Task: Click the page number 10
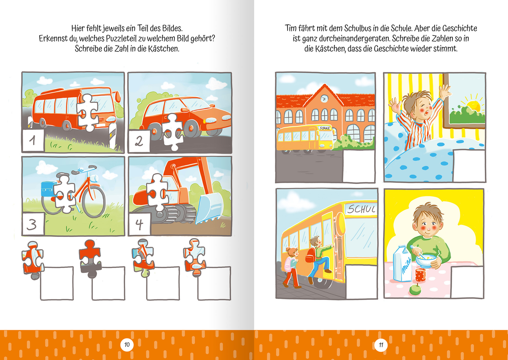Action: (x=127, y=345)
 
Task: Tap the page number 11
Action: (x=381, y=345)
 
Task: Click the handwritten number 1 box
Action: (x=33, y=140)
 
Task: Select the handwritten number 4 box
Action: (x=140, y=224)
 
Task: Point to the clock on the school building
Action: (x=324, y=99)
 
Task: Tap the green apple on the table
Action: (x=416, y=289)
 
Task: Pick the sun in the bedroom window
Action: (x=473, y=106)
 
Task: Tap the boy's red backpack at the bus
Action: (x=310, y=255)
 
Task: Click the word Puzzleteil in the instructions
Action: (x=121, y=39)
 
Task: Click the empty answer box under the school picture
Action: (x=359, y=166)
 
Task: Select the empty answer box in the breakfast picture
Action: (x=467, y=282)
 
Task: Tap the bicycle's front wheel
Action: (x=94, y=202)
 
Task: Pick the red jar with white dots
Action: (x=420, y=275)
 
